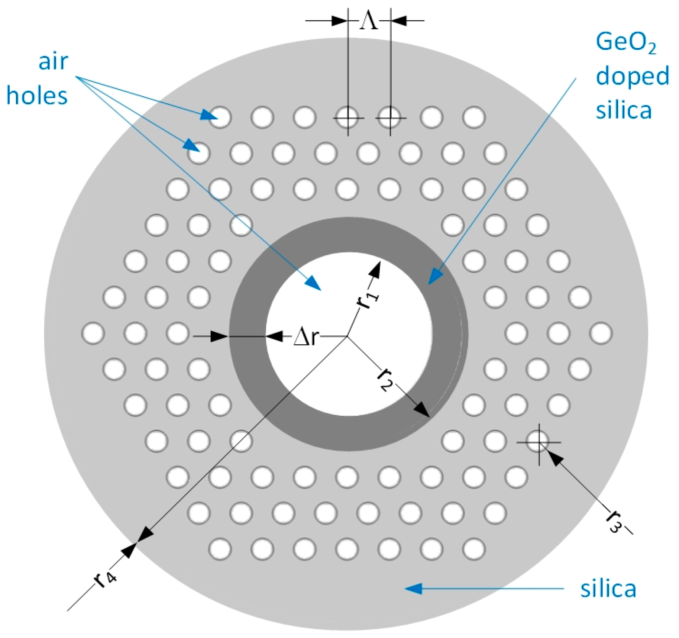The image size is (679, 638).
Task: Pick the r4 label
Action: click(x=106, y=580)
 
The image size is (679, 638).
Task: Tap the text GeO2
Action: click(x=626, y=43)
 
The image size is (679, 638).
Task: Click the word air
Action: click(x=53, y=62)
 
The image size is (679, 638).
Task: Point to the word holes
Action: click(x=37, y=96)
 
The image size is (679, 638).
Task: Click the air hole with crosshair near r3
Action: click(x=538, y=442)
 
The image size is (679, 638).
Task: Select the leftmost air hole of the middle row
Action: click(x=93, y=333)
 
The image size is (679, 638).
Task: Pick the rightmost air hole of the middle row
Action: click(x=601, y=333)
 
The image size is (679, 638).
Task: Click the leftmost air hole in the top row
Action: click(x=220, y=117)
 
